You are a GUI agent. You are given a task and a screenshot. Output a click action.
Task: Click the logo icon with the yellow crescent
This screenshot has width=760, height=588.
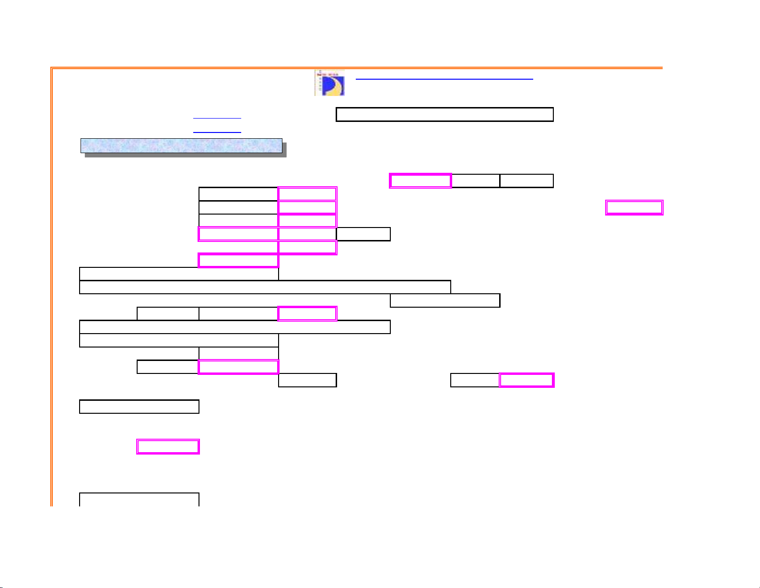[329, 83]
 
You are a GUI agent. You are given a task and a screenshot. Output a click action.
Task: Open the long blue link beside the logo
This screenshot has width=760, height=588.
[444, 78]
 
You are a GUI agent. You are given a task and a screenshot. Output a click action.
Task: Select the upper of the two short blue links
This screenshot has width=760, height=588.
[217, 117]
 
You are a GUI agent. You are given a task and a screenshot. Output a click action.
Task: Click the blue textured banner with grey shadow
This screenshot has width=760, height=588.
[181, 145]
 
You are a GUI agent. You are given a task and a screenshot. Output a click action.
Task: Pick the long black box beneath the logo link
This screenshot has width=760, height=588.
[444, 114]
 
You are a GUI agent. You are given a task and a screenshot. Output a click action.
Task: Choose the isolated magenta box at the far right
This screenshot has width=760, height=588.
[634, 207]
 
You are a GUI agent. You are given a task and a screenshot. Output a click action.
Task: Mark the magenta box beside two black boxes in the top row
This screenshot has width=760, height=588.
[420, 180]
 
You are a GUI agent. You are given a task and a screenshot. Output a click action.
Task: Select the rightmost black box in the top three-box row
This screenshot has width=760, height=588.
[526, 180]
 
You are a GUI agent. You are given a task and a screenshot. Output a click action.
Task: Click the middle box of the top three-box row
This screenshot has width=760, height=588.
[476, 180]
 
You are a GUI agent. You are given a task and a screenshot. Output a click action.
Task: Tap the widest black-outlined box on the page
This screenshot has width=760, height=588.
[265, 287]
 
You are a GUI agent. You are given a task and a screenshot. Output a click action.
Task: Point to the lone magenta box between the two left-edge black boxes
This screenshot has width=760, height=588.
[168, 446]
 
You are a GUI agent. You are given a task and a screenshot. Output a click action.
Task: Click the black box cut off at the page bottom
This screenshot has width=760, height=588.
[139, 499]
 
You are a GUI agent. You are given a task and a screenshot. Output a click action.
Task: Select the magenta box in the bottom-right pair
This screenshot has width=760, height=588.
[526, 380]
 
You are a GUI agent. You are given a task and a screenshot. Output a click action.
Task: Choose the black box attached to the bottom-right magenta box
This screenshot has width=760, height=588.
[475, 380]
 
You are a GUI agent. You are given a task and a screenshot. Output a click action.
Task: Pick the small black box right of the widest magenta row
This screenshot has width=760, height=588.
[363, 234]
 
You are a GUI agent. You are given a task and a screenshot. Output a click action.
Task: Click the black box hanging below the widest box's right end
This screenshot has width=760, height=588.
[445, 300]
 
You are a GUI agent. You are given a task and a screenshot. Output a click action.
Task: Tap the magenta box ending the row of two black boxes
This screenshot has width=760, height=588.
[307, 313]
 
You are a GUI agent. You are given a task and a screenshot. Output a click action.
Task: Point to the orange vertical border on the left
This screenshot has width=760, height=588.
[51, 288]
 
